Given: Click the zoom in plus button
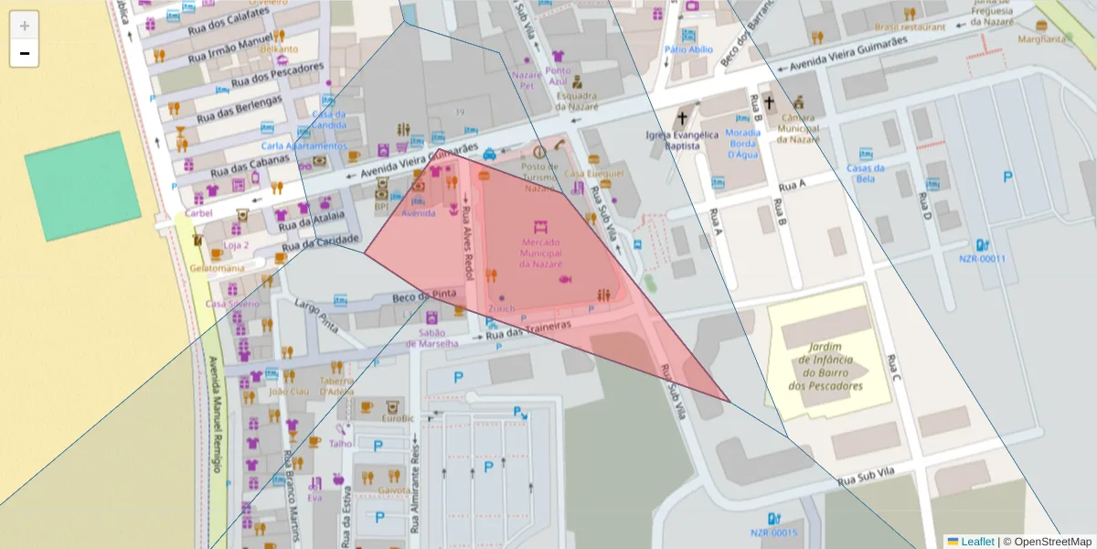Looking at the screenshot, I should coord(25,26).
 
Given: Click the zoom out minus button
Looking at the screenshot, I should coord(25,54).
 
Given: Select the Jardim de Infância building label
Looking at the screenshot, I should coord(830,366).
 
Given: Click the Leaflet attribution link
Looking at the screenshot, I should coord(976,542).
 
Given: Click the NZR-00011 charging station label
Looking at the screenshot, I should coord(982,258).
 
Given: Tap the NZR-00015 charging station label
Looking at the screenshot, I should coord(773,533).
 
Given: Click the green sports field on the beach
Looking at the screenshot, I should coord(82,186).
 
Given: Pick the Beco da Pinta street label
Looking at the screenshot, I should coord(424,296).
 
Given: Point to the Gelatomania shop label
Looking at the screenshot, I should coord(217,268).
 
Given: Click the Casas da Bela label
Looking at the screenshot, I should coord(865,173).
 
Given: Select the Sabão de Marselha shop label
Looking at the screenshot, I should coord(438,339).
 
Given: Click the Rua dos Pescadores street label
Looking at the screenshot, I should coord(278,75).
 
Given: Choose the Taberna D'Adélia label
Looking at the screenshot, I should coord(336,386).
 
